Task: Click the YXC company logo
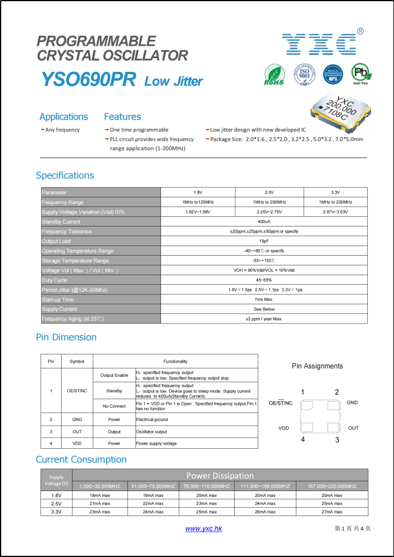[x=319, y=43]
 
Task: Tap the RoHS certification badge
[x=274, y=75]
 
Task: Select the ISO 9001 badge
[x=304, y=75]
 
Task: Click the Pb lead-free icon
[x=361, y=74]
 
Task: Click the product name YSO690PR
[x=89, y=80]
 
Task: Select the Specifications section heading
[x=65, y=175]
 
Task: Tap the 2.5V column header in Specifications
[x=269, y=193]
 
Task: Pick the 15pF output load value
[x=264, y=241]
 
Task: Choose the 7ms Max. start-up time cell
[x=264, y=300]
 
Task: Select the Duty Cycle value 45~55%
[x=264, y=280]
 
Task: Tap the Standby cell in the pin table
[x=114, y=391]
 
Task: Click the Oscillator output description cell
[x=152, y=432]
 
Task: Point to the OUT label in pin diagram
[x=354, y=428]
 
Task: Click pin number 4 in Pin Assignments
[x=302, y=440]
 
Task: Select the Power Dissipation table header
[x=220, y=476]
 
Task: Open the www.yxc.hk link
[x=203, y=528]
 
